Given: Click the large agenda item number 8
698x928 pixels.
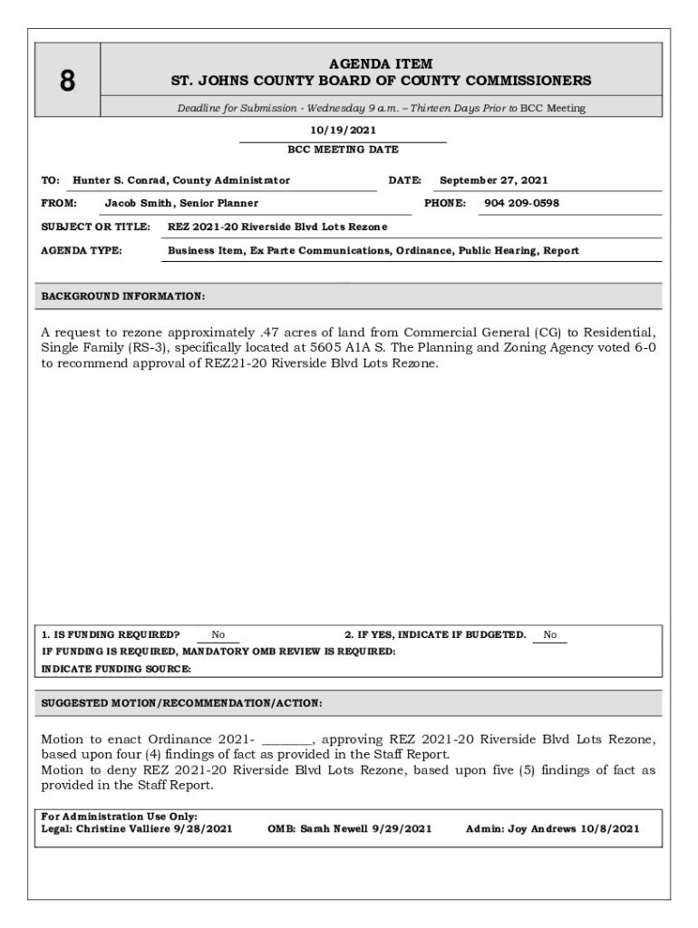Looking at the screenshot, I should (x=67, y=82).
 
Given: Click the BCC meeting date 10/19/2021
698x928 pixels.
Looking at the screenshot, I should (x=343, y=130).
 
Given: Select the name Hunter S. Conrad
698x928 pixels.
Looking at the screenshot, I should (x=120, y=180).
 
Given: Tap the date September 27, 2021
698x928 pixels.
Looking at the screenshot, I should (x=493, y=180).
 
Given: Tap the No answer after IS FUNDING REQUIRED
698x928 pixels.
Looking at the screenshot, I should (x=218, y=635).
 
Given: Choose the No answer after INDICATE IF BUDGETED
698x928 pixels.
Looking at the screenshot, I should (x=550, y=635).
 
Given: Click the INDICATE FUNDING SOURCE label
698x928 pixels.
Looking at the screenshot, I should (x=117, y=669).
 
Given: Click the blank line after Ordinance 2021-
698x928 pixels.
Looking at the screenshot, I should (x=286, y=739).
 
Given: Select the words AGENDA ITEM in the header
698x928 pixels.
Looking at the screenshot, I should (x=381, y=64).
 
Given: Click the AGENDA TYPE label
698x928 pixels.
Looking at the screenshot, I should (x=82, y=250).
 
